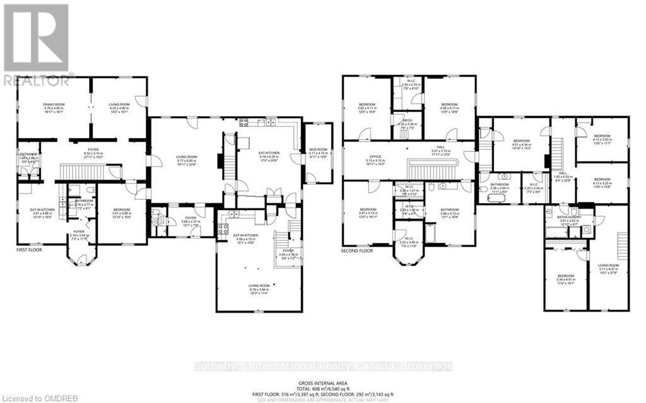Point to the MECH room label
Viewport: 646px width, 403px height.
[406, 123]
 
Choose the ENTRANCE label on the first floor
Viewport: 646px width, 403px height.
[28, 156]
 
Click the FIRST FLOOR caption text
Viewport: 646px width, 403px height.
[31, 251]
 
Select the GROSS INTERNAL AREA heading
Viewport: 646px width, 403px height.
[322, 383]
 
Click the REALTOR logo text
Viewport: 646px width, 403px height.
[38, 80]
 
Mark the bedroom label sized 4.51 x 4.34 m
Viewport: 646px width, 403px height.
[521, 144]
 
